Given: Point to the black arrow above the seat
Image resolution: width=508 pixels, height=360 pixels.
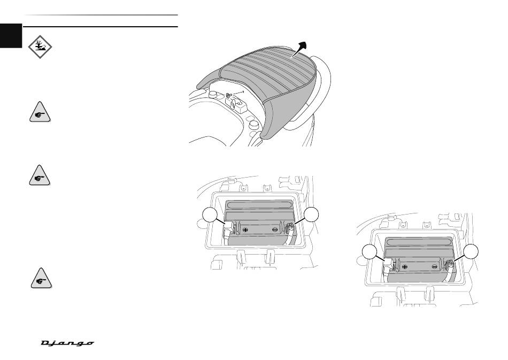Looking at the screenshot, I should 300,49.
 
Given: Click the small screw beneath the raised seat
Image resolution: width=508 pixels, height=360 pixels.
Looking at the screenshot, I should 228,96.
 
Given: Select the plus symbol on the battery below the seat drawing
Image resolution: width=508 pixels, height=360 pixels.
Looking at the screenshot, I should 245,229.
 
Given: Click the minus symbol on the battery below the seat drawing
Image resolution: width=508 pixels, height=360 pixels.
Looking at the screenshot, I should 275,229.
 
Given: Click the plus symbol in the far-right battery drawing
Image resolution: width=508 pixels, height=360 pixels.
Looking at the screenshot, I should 405,265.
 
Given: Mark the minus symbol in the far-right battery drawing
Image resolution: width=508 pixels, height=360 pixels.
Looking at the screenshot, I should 435,265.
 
